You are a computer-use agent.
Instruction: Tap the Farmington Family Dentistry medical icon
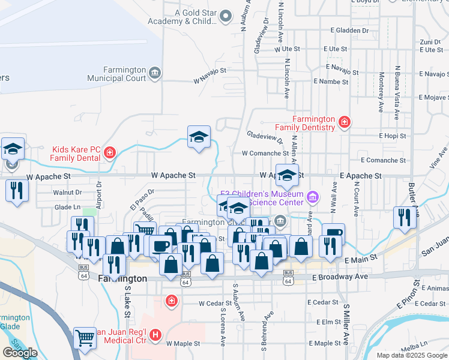[345, 123]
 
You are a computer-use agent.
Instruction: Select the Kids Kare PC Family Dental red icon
[109, 152]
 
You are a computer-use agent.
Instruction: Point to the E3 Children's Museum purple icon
[312, 197]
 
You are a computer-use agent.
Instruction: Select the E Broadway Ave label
[340, 277]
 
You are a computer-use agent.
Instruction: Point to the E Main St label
[360, 257]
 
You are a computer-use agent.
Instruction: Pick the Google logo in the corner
[20, 353]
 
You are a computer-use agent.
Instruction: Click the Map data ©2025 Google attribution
[412, 355]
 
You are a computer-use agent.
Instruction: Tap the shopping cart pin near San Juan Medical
[85, 338]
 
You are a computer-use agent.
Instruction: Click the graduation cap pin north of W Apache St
[199, 137]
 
